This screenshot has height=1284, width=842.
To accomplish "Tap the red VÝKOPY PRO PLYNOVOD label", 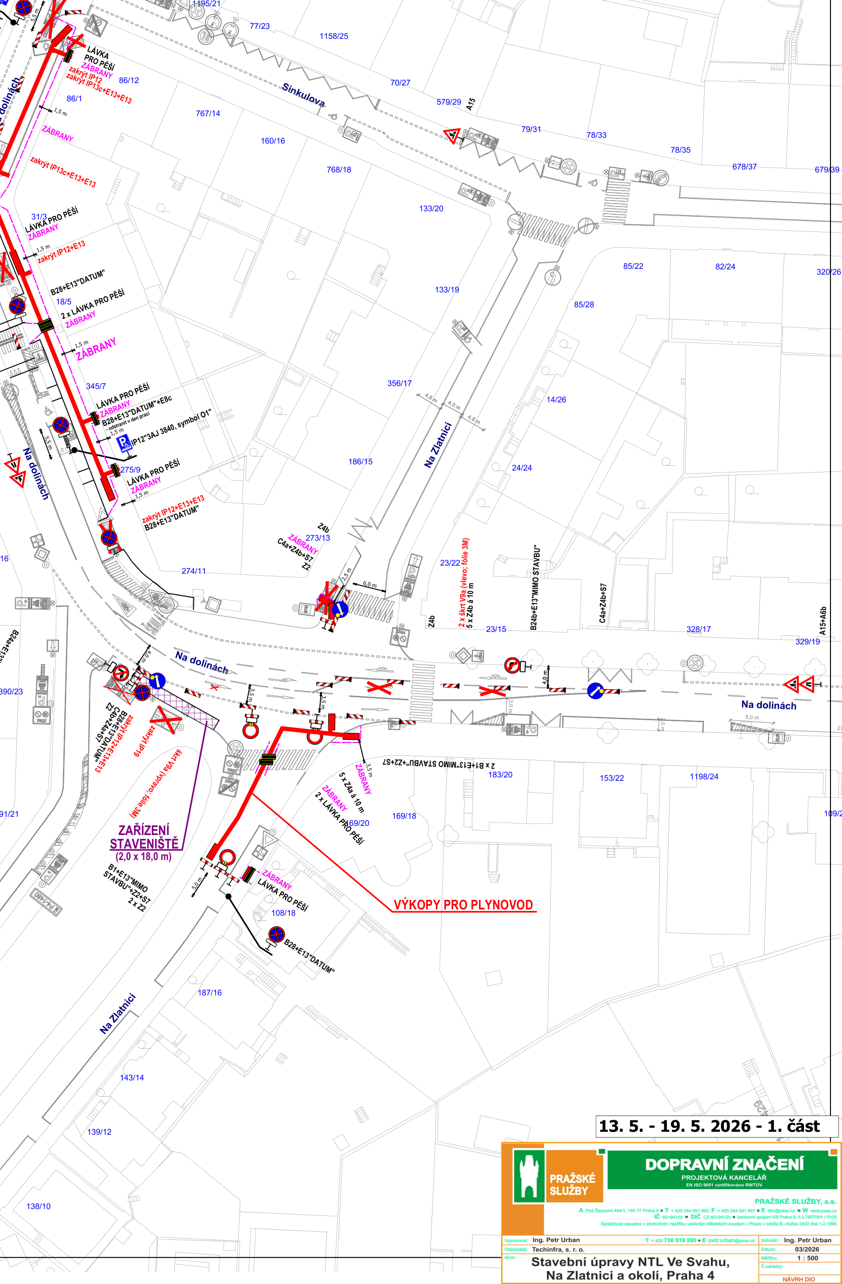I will pos(463,905).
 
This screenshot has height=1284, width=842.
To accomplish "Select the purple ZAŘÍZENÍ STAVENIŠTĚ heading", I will pos(144,837).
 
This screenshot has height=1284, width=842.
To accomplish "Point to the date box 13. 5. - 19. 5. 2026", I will pos(709,1127).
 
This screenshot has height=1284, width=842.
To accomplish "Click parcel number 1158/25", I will pos(334,36).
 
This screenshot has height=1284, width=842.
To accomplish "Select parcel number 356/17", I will pos(399,384).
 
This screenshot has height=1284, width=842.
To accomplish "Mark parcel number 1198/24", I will pos(704,777).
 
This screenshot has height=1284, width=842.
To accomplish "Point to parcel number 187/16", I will pos(209,993).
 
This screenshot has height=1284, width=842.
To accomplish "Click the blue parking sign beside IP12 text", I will pos(124,443).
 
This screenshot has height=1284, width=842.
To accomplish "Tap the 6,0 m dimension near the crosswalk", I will pos(370,585).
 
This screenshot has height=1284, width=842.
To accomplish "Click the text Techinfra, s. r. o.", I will pos(558,1249).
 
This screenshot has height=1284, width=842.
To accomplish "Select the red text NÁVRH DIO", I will pos(798,1280).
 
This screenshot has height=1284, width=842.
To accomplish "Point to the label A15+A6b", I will pos(823,620).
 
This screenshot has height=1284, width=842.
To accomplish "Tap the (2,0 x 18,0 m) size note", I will pos(143,857).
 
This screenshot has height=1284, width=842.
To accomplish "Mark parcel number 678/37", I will pos(745,167).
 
